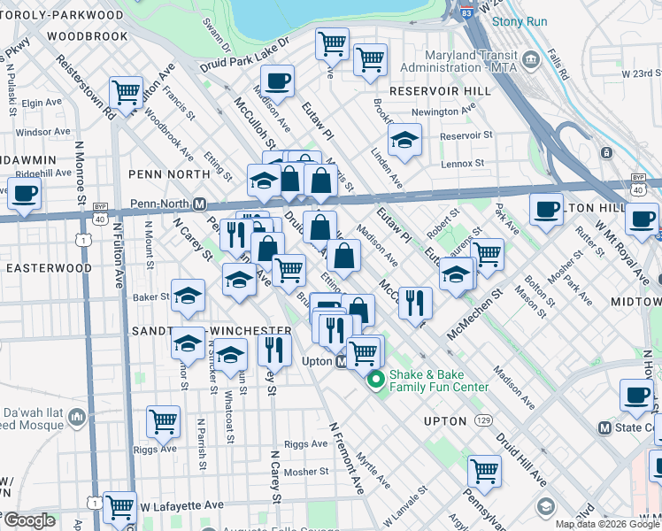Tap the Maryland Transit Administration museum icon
pyautogui.click(x=531, y=61)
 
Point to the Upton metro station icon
pyautogui.click(x=341, y=363)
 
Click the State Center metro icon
pyautogui.click(x=605, y=427)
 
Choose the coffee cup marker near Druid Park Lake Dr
pyautogui.click(x=278, y=81)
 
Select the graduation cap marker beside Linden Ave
pyautogui.click(x=404, y=140)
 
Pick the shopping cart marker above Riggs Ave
pyautogui.click(x=164, y=422)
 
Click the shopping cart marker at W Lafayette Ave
pyautogui.click(x=119, y=507)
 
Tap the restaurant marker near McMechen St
pyautogui.click(x=414, y=302)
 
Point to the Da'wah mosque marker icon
pyautogui.click(x=76, y=415)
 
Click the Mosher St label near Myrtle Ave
pyautogui.click(x=306, y=472)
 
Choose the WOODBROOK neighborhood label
pyautogui.click(x=88, y=36)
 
